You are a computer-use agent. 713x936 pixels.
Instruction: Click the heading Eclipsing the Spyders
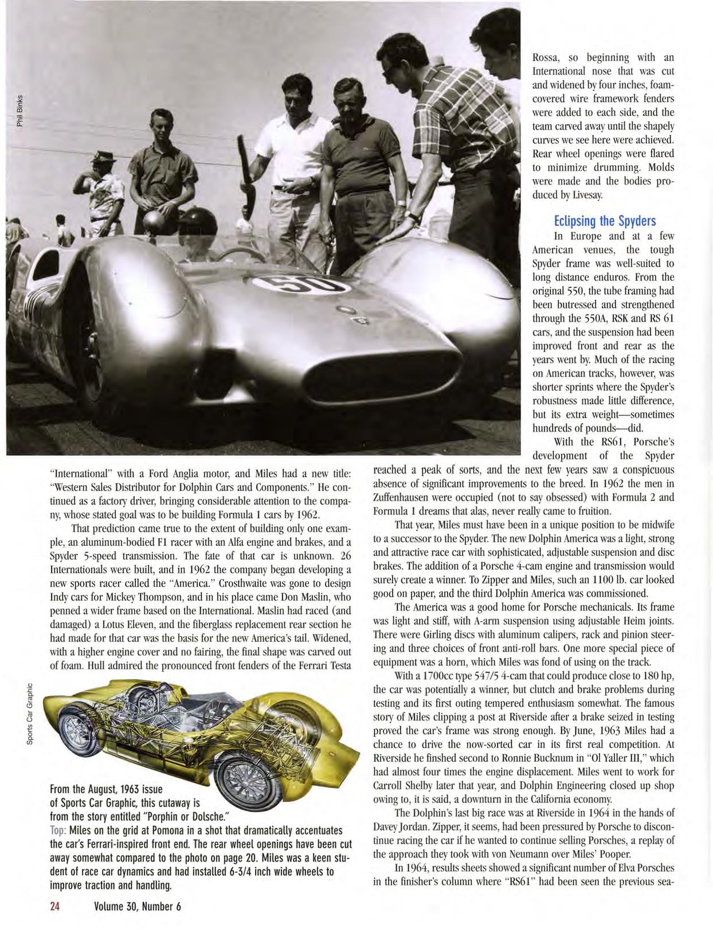point(605,221)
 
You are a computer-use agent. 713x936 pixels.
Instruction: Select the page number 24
point(55,907)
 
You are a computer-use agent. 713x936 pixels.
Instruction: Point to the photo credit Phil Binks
point(19,110)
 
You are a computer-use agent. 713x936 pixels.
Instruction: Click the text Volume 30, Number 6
point(138,907)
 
